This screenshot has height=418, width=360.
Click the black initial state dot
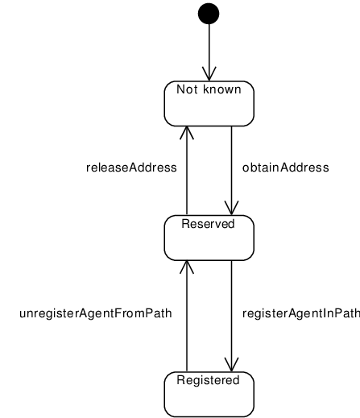coord(209,14)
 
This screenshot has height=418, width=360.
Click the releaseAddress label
coord(131,168)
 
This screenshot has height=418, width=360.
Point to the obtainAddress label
coord(285,168)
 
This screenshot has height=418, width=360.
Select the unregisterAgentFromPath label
coord(96,313)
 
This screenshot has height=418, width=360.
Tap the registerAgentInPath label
coord(301,313)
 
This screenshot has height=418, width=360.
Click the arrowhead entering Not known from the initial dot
coord(209,74)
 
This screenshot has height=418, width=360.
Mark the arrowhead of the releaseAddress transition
coord(187,133)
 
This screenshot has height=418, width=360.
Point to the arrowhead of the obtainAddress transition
coord(231,208)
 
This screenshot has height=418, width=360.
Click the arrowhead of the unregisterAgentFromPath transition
coord(187,267)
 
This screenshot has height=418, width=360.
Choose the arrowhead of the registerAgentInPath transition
coord(231,365)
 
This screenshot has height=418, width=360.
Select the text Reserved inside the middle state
coord(208,224)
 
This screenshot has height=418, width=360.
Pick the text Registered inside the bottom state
coord(208,380)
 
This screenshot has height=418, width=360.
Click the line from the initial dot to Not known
coord(209,52)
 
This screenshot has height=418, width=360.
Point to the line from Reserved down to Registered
coord(231,316)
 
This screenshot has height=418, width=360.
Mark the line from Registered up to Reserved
coord(187,316)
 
